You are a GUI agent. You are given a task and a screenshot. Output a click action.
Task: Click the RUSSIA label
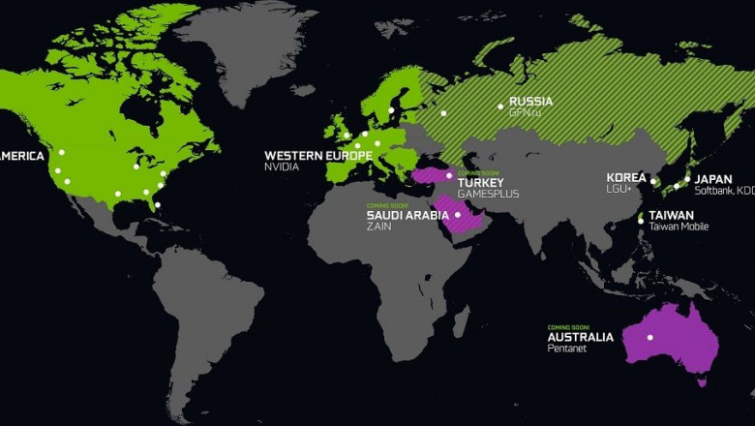coord(530,102)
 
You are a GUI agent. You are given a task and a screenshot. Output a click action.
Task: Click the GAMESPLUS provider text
coord(488,194)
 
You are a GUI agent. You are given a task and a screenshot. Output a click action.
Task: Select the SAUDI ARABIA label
coord(408,215)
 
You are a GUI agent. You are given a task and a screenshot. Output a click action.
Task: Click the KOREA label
coord(626,178)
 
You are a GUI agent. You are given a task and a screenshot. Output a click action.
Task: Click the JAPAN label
coord(714,178)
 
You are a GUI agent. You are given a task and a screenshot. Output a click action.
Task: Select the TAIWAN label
coord(671,215)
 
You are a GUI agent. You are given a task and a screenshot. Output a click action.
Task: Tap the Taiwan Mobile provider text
coord(679,227)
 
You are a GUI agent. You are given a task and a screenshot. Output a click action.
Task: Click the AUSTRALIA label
coord(581,337)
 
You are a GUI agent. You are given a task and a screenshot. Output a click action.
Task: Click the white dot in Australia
coord(650,337)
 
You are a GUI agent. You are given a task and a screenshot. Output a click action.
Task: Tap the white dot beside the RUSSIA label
coord(500,106)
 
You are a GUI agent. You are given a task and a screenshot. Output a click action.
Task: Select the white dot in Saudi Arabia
coord(458,215)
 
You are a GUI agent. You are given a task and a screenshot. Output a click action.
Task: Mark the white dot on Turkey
coord(449,174)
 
